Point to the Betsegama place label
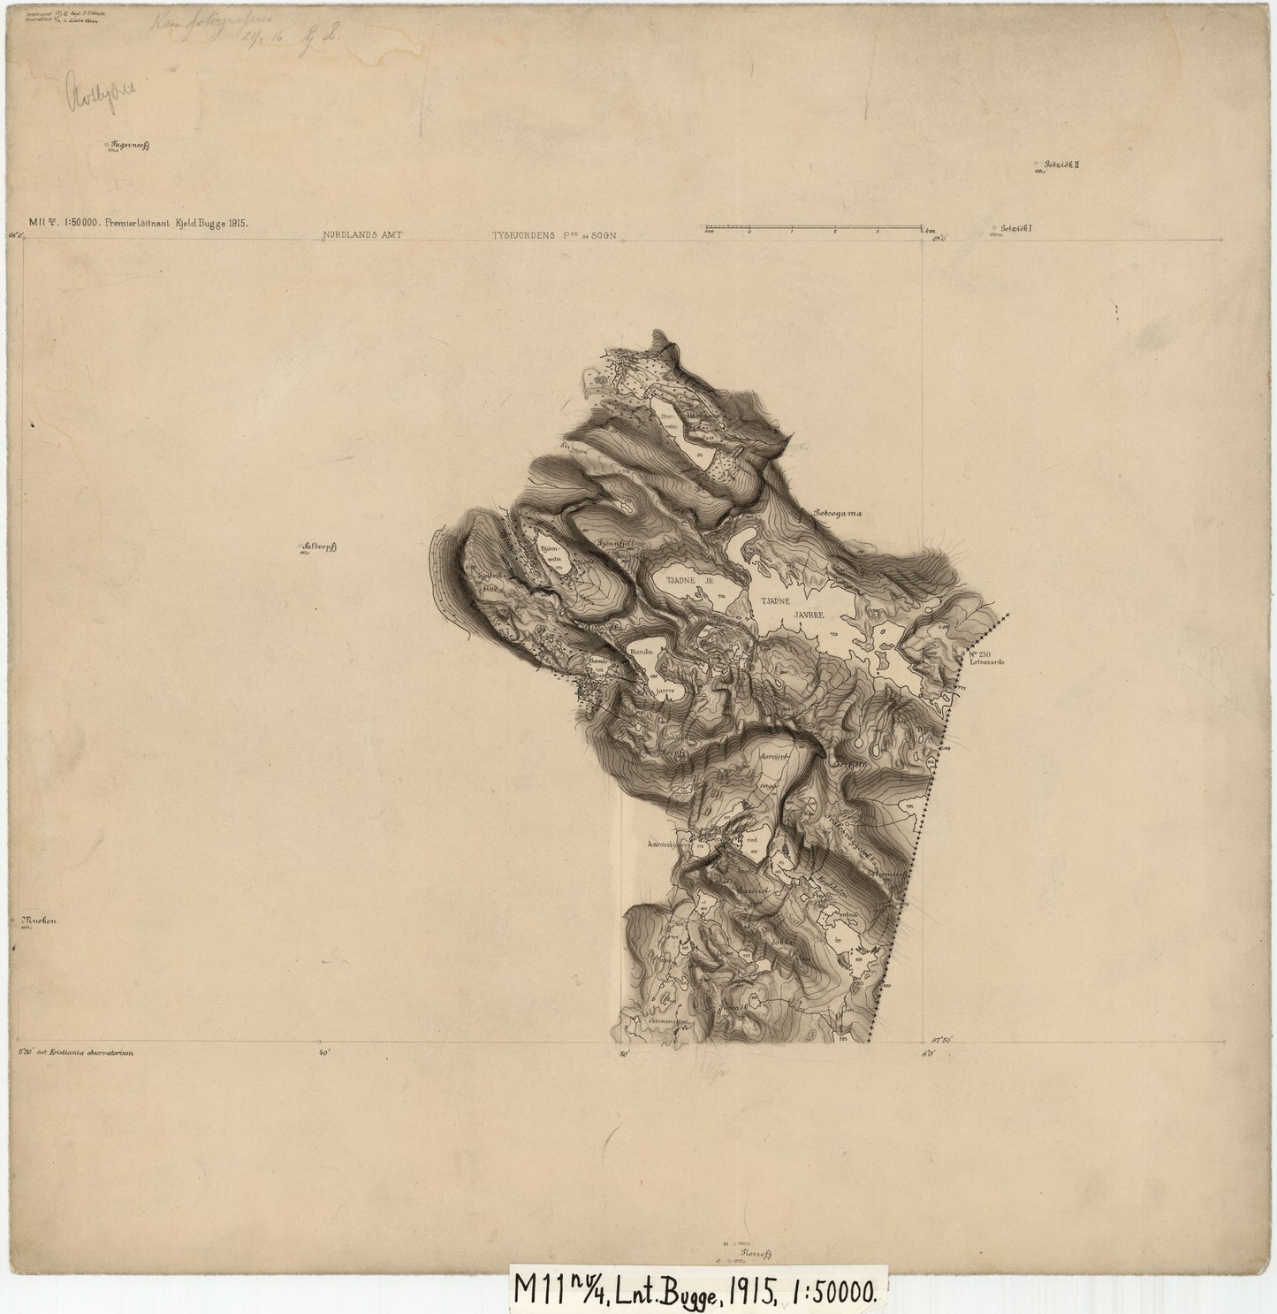[x=838, y=513]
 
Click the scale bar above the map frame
[x=813, y=228]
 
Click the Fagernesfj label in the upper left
[x=129, y=145]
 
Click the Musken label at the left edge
[x=40, y=921]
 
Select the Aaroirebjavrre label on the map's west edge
[x=667, y=844]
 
